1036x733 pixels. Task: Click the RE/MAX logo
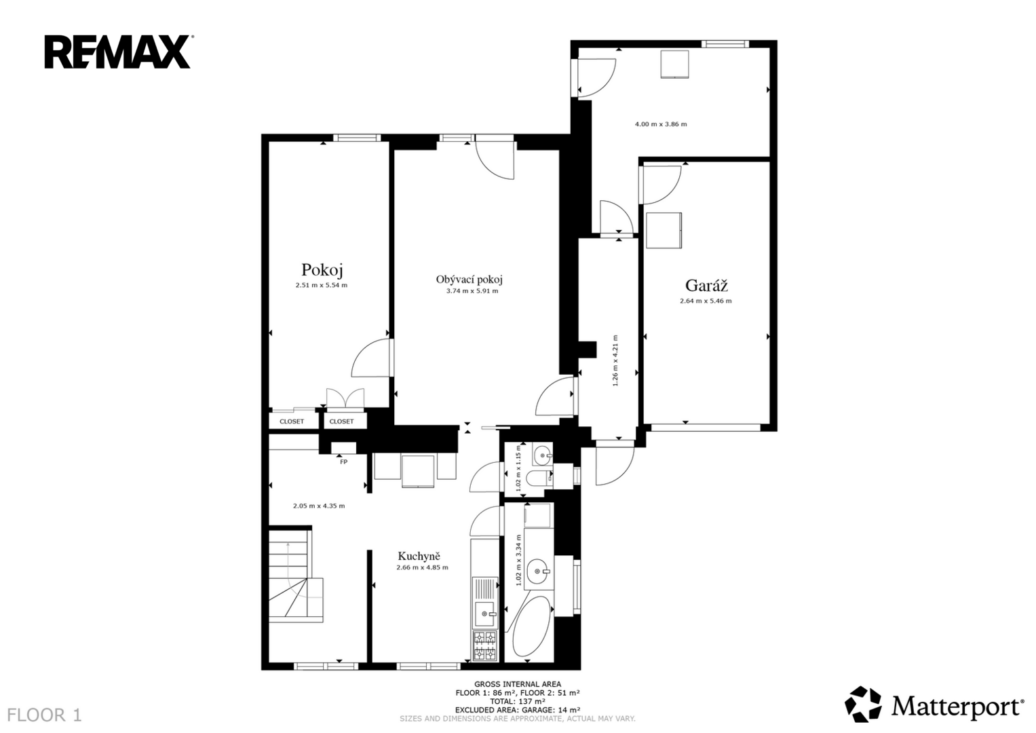click(x=119, y=52)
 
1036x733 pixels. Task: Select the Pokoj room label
click(x=322, y=269)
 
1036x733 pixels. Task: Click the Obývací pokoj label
click(x=469, y=280)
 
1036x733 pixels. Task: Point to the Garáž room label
click(x=706, y=286)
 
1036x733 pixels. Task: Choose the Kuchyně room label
click(x=419, y=556)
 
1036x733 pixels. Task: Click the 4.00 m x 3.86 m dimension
click(x=660, y=124)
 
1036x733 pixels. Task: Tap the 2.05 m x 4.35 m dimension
click(x=319, y=506)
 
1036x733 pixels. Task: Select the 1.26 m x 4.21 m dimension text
click(x=615, y=360)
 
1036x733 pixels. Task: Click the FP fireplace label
click(x=344, y=462)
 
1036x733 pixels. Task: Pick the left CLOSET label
click(x=292, y=421)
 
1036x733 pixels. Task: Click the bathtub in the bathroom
click(x=532, y=626)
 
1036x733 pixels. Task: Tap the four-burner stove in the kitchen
click(x=484, y=645)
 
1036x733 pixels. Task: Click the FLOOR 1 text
click(x=44, y=715)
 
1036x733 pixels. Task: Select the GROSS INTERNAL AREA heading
click(x=518, y=684)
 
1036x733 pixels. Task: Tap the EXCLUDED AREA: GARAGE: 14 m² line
click(x=518, y=709)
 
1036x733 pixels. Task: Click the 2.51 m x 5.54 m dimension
click(x=322, y=285)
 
